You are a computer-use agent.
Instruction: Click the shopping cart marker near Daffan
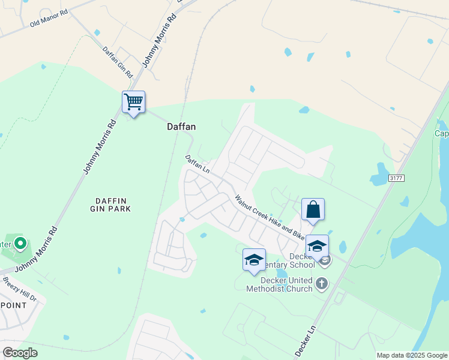pos(133,102)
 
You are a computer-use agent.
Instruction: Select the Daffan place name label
pos(181,127)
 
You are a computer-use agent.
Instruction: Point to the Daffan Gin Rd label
pos(118,62)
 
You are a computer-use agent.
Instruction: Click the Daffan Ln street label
pos(197,165)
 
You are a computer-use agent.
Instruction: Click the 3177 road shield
pos(396,178)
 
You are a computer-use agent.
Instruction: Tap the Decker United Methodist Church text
pos(280,284)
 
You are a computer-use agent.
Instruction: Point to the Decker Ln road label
pos(305,342)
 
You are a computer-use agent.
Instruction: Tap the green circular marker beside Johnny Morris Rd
pos(20,244)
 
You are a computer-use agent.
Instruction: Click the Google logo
pos(20,352)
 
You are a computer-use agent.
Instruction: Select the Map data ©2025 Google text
pos(411,355)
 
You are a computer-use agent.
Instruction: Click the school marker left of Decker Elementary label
pos(254,260)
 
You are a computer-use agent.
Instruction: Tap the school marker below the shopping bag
pos(317,246)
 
